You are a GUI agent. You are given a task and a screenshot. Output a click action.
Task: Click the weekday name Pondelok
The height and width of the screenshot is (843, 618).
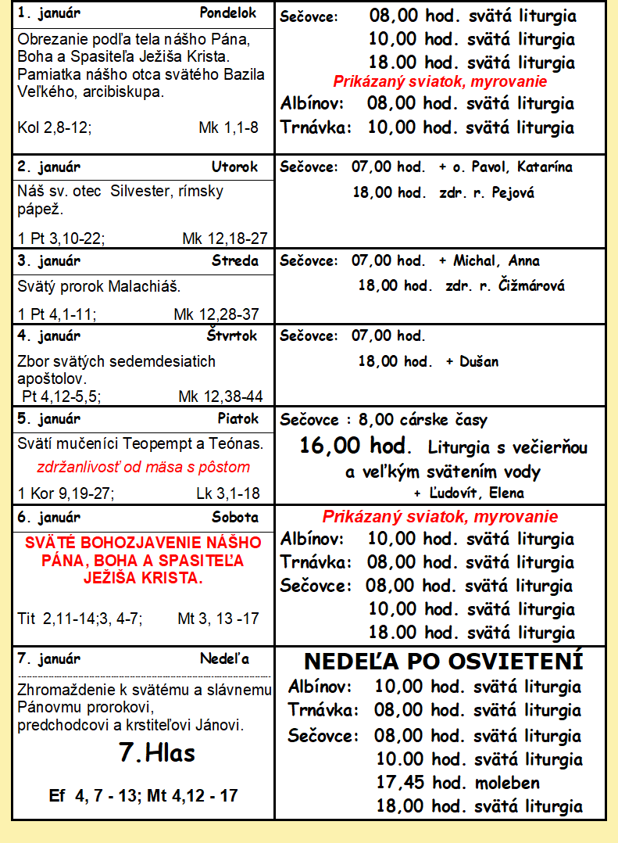228,13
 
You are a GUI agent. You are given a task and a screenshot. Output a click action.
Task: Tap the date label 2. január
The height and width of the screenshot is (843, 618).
48,167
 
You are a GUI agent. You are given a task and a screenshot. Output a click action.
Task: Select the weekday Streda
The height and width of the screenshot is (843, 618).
234,260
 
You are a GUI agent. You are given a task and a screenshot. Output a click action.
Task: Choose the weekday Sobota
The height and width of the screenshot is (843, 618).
234,517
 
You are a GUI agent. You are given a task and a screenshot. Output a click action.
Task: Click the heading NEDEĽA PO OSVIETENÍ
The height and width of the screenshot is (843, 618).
443,662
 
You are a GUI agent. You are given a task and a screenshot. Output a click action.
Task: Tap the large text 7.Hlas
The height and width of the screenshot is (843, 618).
156,752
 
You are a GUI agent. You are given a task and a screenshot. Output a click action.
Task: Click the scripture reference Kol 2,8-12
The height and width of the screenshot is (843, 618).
54,127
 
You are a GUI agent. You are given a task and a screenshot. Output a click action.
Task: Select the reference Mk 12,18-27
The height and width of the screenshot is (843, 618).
225,238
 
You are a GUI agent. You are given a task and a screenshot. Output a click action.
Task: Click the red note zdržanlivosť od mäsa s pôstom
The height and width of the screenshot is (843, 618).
144,468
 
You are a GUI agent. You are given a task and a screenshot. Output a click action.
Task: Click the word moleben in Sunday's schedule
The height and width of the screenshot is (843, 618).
507,783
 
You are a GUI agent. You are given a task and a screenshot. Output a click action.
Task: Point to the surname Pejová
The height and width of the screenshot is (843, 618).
513,192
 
